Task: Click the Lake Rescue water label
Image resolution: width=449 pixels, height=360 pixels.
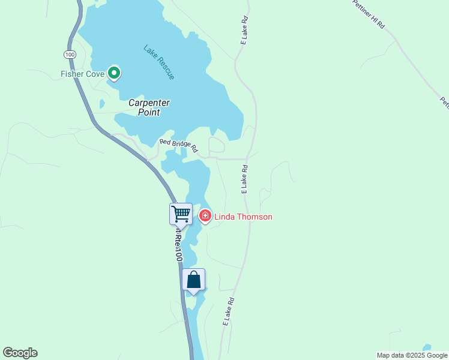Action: [159, 62]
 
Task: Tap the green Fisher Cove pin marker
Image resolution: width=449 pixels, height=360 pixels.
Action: [114, 73]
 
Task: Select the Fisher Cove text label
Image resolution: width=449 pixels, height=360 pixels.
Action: [83, 74]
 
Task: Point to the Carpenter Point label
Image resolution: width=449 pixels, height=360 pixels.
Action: [149, 108]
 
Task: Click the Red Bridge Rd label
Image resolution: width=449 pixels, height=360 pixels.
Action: [178, 146]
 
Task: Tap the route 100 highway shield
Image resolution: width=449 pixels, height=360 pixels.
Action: [70, 55]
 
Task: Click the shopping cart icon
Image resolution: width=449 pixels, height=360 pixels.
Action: [181, 214]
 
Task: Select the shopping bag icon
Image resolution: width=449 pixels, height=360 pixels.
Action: [193, 280]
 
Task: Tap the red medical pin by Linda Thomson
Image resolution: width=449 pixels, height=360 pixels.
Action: [205, 215]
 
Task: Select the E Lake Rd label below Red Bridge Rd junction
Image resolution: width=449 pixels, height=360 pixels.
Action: [245, 179]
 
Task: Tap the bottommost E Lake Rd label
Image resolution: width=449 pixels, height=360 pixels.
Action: [228, 311]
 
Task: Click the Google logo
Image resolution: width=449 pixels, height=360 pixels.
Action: [20, 353]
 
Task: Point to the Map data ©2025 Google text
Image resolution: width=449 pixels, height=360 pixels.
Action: [412, 355]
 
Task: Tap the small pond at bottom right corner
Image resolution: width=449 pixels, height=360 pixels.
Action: [426, 348]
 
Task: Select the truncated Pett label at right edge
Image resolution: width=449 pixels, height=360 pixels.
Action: [444, 103]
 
